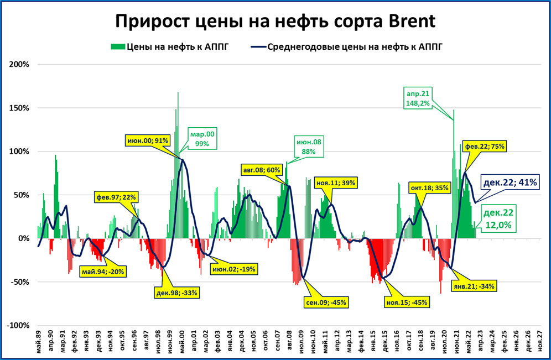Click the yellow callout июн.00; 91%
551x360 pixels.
click(148, 141)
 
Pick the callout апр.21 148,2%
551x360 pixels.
click(418, 98)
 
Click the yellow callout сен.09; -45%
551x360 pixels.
click(325, 302)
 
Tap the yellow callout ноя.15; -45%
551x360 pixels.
click(407, 302)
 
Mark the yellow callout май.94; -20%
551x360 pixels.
click(102, 271)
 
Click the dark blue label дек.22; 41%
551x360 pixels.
click(510, 182)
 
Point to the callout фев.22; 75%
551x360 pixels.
click(485, 146)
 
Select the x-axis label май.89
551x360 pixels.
click(38, 342)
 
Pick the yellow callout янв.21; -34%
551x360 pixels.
click(475, 286)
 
